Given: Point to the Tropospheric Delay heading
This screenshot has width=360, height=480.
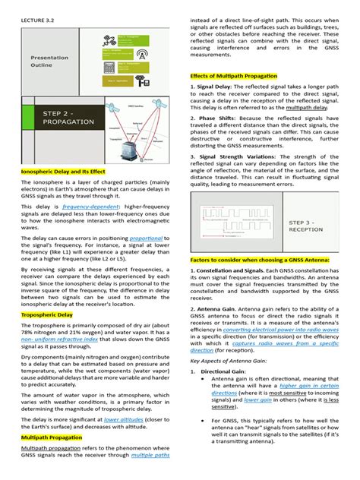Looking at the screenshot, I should [48, 335].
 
